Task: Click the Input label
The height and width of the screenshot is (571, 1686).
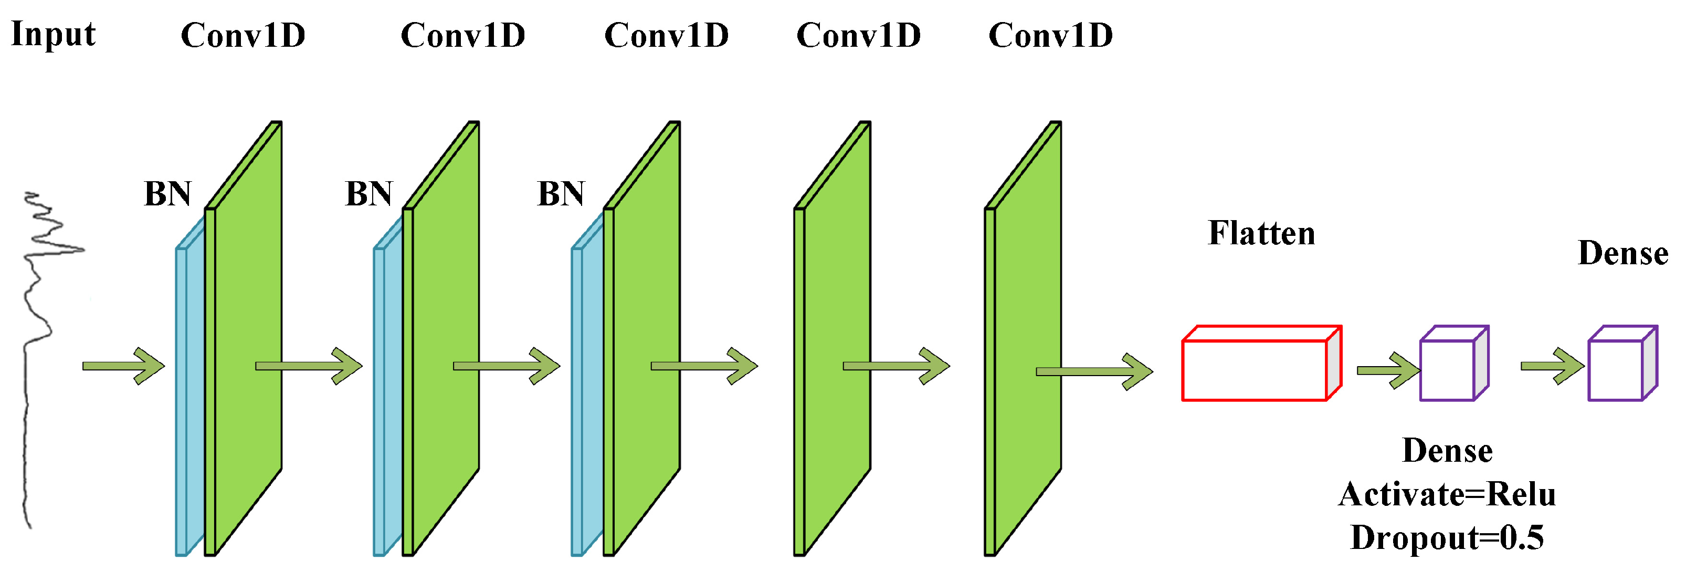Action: (53, 34)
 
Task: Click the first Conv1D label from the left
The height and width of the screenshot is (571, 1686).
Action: (243, 35)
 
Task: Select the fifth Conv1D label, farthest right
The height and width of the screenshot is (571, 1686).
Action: (1050, 35)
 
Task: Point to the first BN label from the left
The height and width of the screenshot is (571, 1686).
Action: (167, 194)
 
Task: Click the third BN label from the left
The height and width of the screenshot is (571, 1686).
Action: (560, 194)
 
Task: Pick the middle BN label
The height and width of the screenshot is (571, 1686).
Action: (368, 194)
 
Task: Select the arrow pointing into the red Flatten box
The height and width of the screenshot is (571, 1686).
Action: (1093, 371)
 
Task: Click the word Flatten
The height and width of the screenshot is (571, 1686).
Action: (1261, 233)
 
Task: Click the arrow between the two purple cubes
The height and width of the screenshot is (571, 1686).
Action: (1551, 366)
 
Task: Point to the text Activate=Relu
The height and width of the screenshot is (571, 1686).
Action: (1447, 494)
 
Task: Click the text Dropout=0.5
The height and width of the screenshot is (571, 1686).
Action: (1447, 537)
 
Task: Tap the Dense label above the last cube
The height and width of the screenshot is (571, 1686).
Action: (1622, 253)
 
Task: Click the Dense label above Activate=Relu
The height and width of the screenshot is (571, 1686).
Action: (1447, 451)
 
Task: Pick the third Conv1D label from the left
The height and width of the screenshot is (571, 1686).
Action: (666, 35)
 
